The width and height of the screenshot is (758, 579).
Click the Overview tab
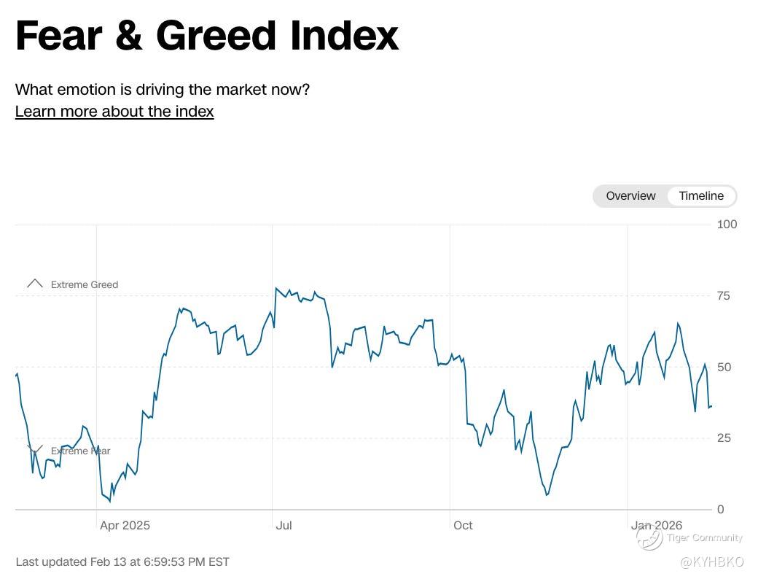(630, 195)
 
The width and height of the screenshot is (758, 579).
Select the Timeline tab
(701, 195)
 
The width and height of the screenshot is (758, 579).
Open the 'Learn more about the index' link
(114, 112)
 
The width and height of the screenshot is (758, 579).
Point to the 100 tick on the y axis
(727, 224)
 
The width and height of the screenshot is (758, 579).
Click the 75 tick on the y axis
(724, 295)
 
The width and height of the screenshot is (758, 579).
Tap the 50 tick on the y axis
(724, 367)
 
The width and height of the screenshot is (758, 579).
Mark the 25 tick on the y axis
(724, 438)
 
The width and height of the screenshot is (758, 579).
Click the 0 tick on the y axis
(720, 509)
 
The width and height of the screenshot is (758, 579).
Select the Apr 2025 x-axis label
(125, 525)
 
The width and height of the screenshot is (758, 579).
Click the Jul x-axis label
(284, 525)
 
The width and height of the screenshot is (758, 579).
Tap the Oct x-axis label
(463, 525)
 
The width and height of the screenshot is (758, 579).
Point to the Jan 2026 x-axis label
(657, 525)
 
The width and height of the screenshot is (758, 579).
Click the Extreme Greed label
(85, 284)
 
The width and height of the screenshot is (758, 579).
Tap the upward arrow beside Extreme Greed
(34, 284)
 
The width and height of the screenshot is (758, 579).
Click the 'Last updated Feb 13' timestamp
(122, 561)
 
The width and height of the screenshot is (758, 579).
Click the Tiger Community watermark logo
(649, 538)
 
